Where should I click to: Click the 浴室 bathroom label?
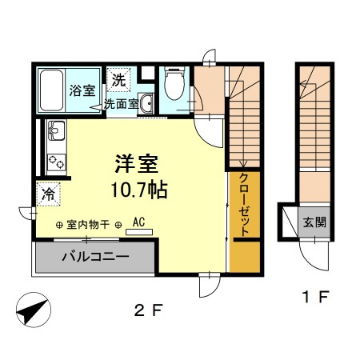click(82, 90)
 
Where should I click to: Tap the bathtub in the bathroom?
click(51, 90)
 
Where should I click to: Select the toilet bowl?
click(174, 84)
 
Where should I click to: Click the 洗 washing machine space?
click(118, 79)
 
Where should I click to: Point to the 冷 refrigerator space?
click(49, 194)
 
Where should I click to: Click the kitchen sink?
click(56, 130)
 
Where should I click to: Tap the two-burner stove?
click(57, 162)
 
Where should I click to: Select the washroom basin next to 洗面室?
click(146, 103)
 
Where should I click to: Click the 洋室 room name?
click(137, 164)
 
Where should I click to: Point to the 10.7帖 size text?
click(139, 190)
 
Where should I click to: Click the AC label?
click(138, 222)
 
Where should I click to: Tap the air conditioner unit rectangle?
click(139, 232)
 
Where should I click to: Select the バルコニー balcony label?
click(96, 257)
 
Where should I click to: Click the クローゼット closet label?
click(244, 205)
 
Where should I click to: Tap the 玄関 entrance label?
click(314, 222)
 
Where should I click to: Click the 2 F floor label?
click(148, 310)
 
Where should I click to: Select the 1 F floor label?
click(315, 297)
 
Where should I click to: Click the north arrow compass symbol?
click(34, 310)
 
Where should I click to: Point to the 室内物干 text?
click(88, 225)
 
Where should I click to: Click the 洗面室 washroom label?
click(121, 104)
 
